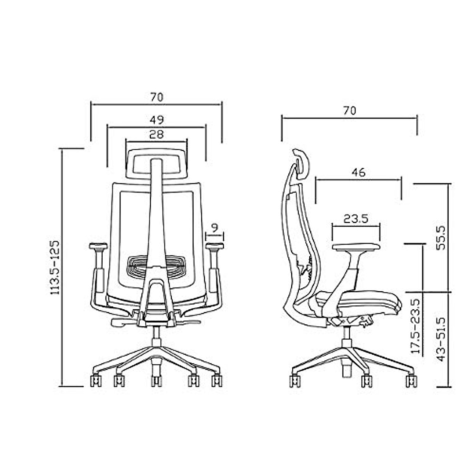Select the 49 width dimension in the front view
156,119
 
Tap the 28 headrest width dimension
156,134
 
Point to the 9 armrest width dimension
214,228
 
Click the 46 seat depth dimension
359,172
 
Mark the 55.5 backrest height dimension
441,237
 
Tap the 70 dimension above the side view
349,111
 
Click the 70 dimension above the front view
156,97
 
